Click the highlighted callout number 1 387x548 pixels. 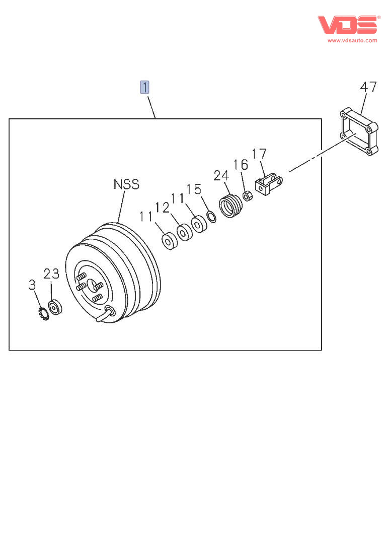tap(144, 87)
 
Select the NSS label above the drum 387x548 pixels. tap(126, 184)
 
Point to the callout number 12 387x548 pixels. tap(162, 207)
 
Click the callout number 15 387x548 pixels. tap(194, 189)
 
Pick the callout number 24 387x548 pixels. tap(221, 175)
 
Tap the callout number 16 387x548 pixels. tap(241, 165)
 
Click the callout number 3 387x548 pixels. tap(32, 285)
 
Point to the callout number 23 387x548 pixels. tap(51, 274)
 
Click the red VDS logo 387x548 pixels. tap(347, 24)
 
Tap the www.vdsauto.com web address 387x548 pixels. tap(352, 40)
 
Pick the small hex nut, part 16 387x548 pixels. tap(247, 195)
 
